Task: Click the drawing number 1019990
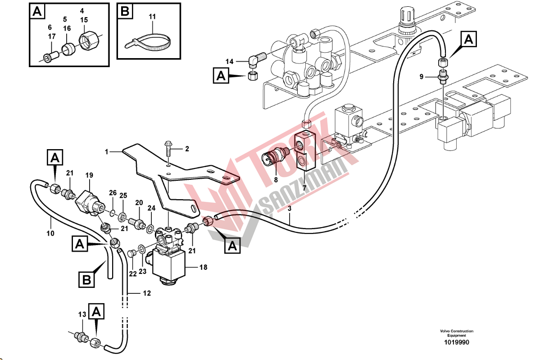pos(457,342)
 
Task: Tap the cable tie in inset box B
pos(147,42)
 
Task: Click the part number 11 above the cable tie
pos(152,17)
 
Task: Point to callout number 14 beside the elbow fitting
pos(230,62)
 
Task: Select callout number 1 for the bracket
pos(106,152)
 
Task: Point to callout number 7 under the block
pos(304,188)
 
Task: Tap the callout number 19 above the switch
pos(89,175)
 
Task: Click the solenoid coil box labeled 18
pos(169,265)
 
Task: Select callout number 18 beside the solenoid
pos(203,267)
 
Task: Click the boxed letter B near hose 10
pos(87,280)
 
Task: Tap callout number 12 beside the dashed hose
pos(147,293)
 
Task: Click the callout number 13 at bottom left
pos(82,314)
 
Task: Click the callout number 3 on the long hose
pos(289,209)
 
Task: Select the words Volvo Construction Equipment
pos(457,333)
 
